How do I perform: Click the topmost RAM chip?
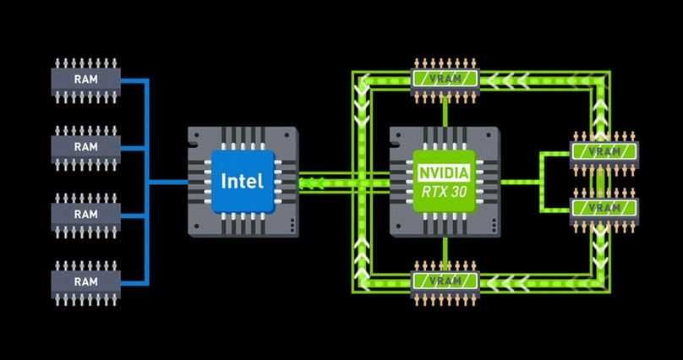point(85,79)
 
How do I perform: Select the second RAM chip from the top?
point(85,146)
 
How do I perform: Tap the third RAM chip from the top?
point(85,214)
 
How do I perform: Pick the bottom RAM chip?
point(85,281)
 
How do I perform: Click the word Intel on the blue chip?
point(242,181)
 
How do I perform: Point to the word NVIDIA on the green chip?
point(444,172)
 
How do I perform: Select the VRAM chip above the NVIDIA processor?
point(445,79)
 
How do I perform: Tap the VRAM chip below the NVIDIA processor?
point(445,281)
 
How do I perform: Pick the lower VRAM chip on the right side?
point(604,208)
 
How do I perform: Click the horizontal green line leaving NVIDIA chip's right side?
point(520,181)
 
